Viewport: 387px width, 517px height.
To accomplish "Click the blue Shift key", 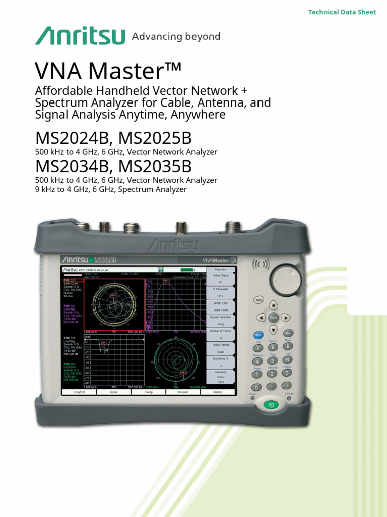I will click(258, 335).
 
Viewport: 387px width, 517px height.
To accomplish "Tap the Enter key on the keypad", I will click(273, 318).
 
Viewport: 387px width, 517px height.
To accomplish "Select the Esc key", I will click(289, 333).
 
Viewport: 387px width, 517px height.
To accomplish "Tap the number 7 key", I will click(258, 348).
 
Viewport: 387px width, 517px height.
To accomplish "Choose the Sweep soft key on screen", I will click(149, 392).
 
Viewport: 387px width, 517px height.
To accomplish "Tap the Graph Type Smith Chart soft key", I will click(221, 306).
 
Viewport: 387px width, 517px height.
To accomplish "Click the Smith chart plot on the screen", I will click(113, 304).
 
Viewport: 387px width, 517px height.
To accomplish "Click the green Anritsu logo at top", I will click(80, 36).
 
